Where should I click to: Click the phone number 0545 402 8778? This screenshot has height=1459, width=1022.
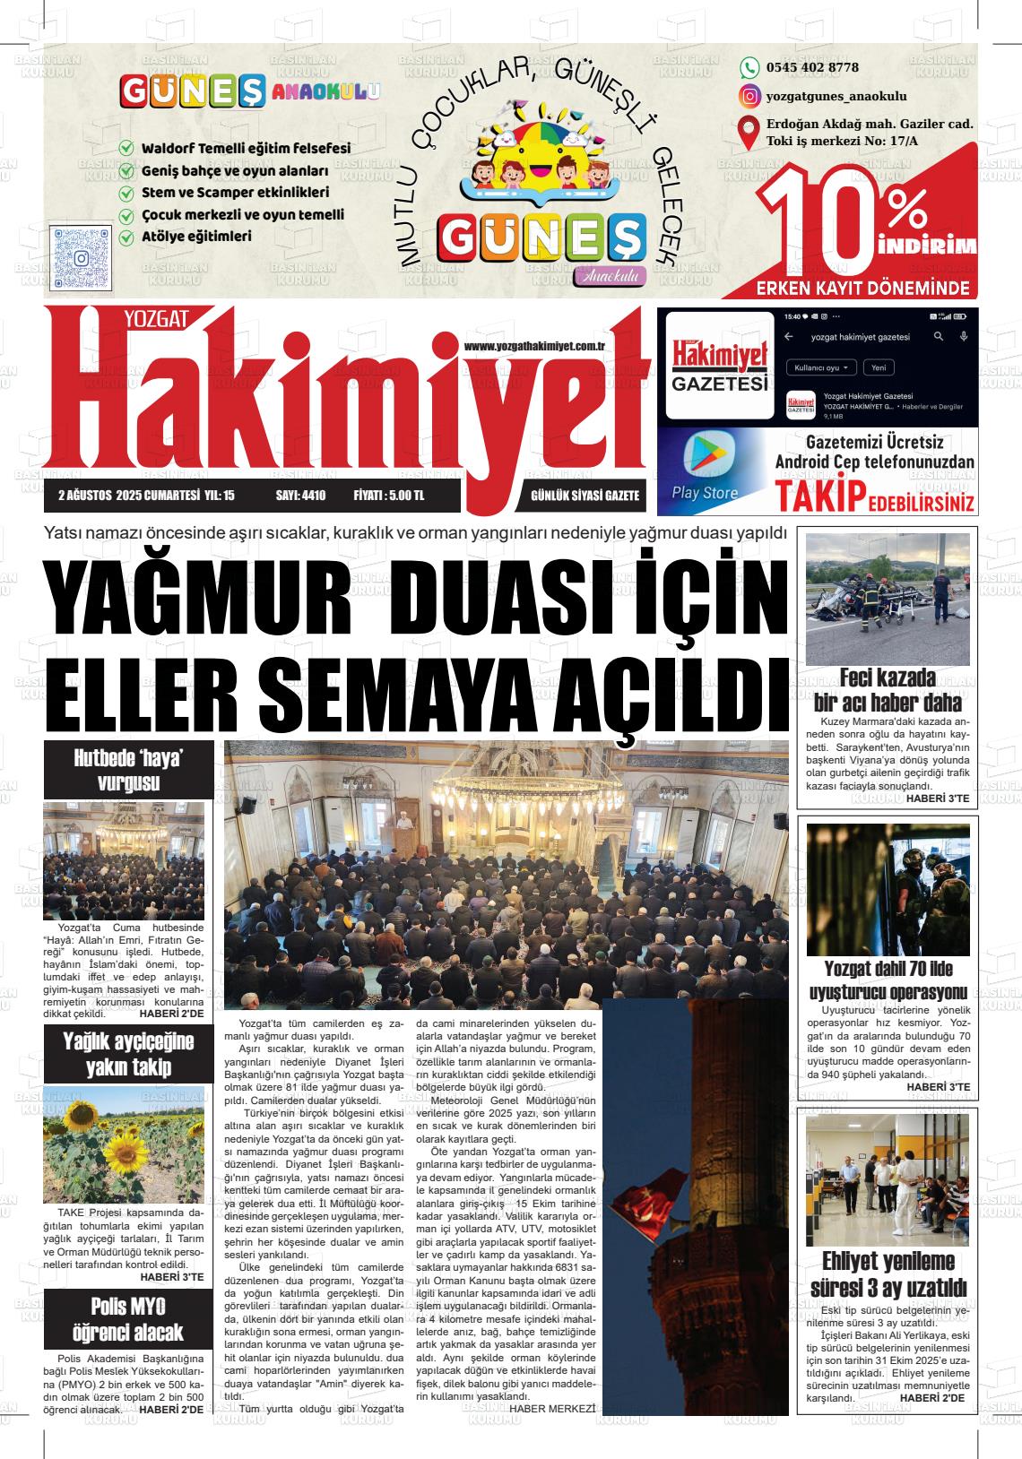(x=812, y=67)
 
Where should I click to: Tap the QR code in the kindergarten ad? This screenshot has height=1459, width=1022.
(x=82, y=258)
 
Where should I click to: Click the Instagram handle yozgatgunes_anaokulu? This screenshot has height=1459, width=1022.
(x=836, y=96)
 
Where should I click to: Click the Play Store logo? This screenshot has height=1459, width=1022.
(x=706, y=456)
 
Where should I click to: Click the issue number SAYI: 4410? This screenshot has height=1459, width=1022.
(x=300, y=496)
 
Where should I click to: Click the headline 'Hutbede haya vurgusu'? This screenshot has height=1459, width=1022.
(x=128, y=771)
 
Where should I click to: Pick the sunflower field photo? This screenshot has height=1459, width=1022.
(x=124, y=1144)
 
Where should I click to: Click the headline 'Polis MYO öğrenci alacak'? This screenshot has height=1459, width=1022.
(x=128, y=1318)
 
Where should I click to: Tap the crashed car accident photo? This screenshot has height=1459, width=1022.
(x=888, y=599)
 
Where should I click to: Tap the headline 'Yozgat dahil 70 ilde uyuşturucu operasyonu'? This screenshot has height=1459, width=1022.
(x=888, y=980)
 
